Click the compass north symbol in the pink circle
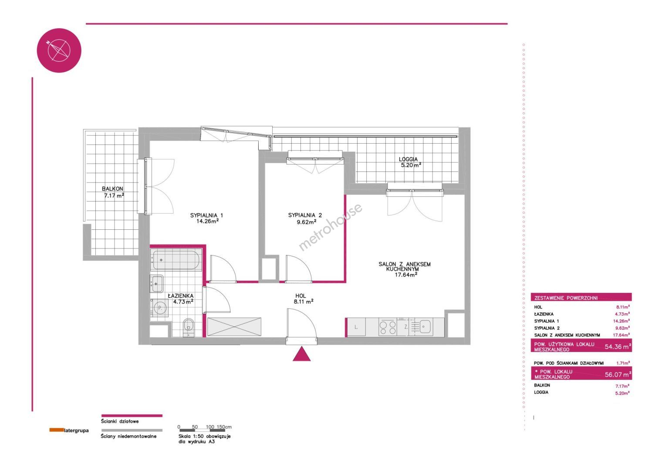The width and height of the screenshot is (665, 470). pos(59,50)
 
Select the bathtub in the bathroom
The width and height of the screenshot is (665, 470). pos(176,260)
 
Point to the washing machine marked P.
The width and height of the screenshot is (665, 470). pos(160,308)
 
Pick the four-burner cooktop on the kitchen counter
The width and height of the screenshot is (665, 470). pos(388,328)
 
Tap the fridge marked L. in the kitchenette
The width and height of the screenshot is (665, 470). pos(356,328)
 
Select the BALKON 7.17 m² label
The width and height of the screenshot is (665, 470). pos(113,192)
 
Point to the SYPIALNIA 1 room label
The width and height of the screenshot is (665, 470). pos(207,218)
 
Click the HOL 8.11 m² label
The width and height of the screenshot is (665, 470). pos(304,299)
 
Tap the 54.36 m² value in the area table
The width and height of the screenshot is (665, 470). pos(618,346)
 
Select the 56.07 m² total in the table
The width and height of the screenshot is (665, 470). pos(618,374)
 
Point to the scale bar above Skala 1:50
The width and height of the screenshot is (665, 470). pos(202,430)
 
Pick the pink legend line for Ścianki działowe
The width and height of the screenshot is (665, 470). pos(132,416)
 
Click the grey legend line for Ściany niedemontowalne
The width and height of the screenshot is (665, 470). pos(132,430)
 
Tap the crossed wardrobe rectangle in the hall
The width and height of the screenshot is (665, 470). pos(234,327)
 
